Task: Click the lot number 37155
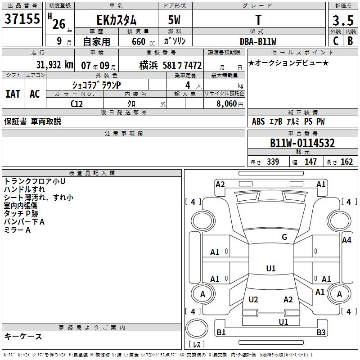point(22,19)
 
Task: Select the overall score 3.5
point(342,20)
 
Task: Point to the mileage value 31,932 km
point(54,65)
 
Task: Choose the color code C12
point(77,103)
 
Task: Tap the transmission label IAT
point(13,94)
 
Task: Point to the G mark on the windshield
point(284,237)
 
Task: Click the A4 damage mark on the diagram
point(346,240)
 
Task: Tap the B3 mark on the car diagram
point(321,333)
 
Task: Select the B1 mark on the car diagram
point(221,333)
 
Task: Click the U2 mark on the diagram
point(253,300)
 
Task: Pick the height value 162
point(346,162)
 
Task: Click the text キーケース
point(23,336)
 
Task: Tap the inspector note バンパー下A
point(24,221)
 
